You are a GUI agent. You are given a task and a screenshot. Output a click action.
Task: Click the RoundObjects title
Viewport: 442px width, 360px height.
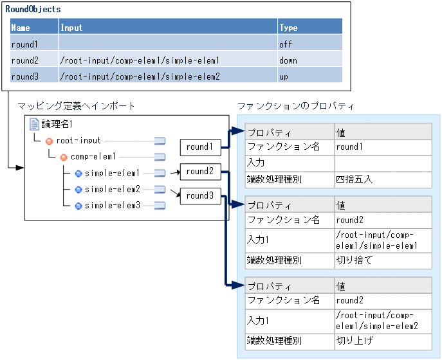(33, 10)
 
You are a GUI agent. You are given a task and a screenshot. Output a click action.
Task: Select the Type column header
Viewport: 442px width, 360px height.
(288, 28)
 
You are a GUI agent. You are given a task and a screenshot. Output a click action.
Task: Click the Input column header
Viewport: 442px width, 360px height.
(71, 28)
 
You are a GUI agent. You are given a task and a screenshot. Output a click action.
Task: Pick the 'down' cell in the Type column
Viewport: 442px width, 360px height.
(288, 60)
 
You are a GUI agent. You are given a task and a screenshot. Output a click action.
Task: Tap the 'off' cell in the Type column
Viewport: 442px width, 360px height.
(286, 44)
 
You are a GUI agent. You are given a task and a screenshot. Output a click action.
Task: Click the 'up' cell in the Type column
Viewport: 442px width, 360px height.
(284, 76)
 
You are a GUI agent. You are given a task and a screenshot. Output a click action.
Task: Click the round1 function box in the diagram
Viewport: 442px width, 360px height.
(199, 147)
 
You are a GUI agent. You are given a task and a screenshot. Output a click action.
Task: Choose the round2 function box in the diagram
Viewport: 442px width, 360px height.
(199, 172)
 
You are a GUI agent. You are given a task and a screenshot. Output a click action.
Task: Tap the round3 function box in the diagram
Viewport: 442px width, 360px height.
(199, 195)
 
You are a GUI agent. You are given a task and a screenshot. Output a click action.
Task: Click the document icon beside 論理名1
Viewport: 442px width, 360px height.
(34, 124)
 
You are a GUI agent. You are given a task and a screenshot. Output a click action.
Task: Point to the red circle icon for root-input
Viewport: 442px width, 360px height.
(49, 141)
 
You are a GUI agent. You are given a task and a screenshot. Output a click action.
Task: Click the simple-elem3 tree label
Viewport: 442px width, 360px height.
(112, 206)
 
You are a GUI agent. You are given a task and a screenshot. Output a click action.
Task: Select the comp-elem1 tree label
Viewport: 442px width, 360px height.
(93, 157)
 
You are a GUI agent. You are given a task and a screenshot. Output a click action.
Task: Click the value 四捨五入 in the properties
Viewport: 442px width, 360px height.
(354, 179)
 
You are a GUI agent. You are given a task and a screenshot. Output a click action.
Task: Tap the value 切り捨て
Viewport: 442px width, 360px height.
(354, 260)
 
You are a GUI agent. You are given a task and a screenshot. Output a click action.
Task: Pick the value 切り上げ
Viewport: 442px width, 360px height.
(354, 341)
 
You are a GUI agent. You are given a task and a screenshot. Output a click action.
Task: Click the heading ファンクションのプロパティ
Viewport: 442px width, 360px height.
(295, 105)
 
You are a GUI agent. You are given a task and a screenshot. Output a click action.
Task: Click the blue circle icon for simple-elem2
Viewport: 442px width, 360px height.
(78, 190)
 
